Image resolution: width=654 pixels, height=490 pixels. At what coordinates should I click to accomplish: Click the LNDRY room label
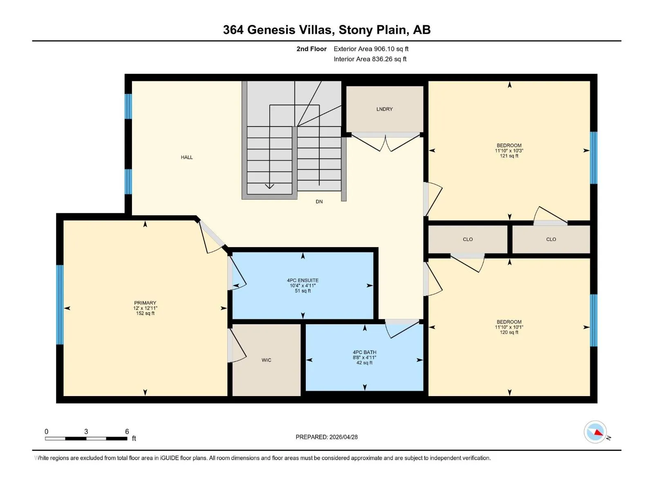[x=384, y=109]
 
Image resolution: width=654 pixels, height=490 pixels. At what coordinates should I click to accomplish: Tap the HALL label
[x=187, y=157]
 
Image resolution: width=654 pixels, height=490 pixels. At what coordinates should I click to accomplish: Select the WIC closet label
[x=267, y=360]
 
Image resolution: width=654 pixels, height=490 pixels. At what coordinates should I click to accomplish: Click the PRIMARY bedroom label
[x=145, y=303]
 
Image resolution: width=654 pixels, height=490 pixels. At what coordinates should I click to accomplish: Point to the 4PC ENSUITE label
[x=303, y=280]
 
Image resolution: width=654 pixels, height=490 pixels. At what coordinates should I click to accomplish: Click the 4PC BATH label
[x=364, y=352]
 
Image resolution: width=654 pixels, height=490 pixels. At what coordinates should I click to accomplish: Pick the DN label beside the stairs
[x=319, y=202]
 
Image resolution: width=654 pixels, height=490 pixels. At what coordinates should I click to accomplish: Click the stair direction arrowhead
[x=269, y=187]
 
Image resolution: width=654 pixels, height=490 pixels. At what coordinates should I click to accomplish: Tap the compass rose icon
[x=595, y=432]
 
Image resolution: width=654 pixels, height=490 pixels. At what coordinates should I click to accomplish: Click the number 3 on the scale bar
[x=86, y=431]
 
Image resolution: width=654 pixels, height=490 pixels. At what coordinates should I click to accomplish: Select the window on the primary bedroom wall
[x=60, y=305]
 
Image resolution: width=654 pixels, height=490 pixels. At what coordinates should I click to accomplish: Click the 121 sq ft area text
[x=509, y=156]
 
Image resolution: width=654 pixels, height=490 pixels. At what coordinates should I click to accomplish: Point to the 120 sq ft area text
[x=509, y=332]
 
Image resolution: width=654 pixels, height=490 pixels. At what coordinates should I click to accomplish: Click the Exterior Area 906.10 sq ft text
[x=371, y=49]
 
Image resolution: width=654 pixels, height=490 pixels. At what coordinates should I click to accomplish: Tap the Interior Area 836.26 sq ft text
[x=370, y=59]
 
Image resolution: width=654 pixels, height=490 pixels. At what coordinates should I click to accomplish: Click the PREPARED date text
[x=327, y=437]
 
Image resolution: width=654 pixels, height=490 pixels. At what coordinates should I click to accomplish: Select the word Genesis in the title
[x=271, y=30]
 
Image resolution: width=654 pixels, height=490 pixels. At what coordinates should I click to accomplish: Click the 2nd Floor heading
[x=311, y=49]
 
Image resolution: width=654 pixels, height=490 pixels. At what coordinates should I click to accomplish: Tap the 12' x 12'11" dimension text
[x=145, y=308]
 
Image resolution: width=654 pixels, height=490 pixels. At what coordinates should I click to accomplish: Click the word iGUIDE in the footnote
[x=169, y=458]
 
